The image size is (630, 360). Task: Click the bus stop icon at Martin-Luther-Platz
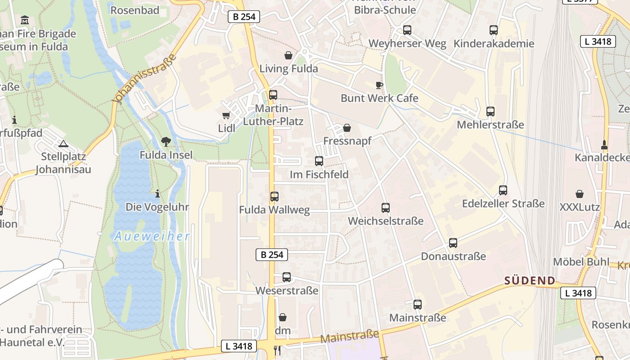[273, 95]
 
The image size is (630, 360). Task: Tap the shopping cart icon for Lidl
[226, 116]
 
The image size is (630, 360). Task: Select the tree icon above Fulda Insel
[166, 142]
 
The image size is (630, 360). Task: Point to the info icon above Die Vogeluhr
[157, 194]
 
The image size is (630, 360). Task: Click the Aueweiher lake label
[152, 236]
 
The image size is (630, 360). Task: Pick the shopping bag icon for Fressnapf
[347, 128]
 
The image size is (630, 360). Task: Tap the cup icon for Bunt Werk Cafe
[379, 85]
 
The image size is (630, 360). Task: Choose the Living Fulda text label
[288, 69]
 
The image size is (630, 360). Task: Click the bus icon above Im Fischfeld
[319, 161]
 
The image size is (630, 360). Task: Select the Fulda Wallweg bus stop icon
[274, 197]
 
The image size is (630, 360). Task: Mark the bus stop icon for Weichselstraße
[386, 208]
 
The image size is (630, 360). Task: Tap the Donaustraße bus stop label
[453, 256]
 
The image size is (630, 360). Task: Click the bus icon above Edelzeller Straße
[503, 190]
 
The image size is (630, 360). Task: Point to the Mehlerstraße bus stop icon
[490, 112]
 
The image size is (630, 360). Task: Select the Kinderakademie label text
[494, 44]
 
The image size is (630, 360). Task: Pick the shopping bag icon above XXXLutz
[580, 194]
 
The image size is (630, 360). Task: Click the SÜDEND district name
[530, 281]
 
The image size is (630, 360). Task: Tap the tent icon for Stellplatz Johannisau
[63, 144]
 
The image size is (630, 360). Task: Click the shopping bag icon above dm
[283, 318]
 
